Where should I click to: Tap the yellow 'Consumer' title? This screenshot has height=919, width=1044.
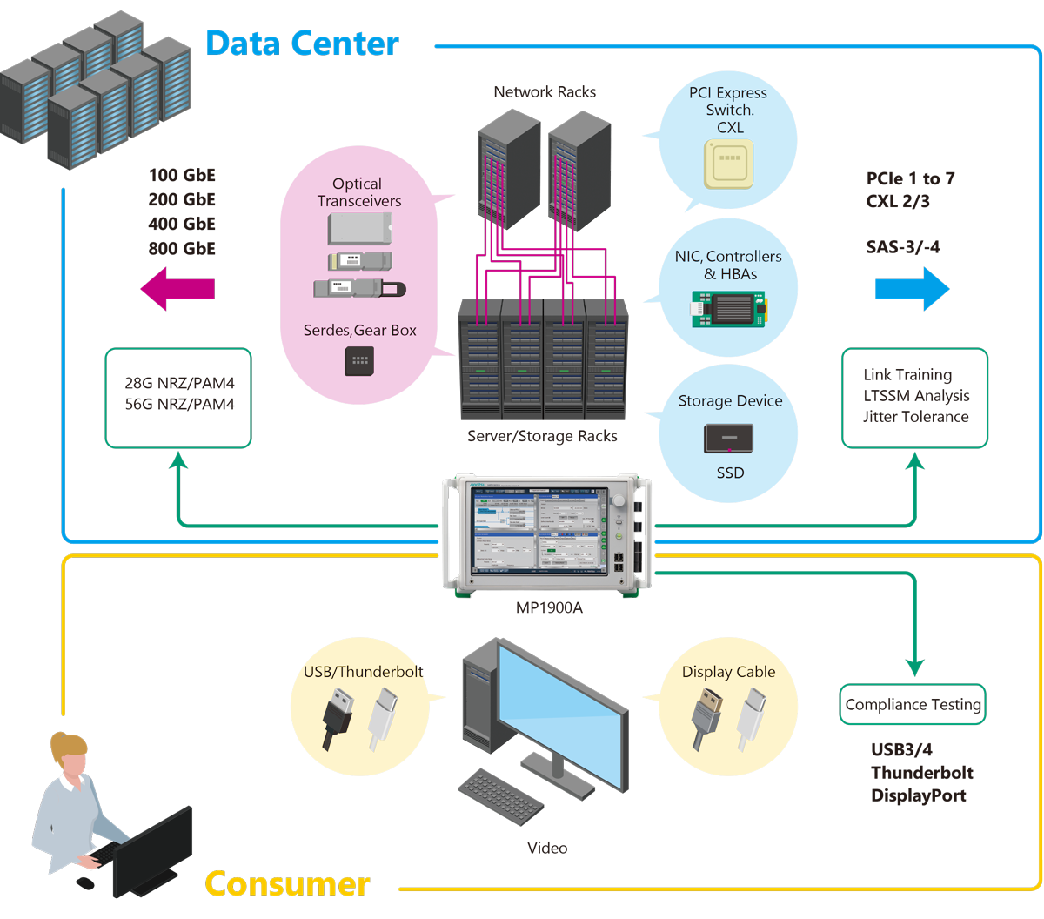(x=287, y=883)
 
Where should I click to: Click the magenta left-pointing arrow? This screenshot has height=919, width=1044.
(x=177, y=288)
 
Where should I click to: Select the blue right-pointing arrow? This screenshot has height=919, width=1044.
(x=912, y=289)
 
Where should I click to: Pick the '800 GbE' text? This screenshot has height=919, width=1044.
(x=182, y=248)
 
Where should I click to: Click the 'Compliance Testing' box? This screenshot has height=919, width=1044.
(x=913, y=704)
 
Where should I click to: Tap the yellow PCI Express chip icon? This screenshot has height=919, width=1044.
(x=728, y=164)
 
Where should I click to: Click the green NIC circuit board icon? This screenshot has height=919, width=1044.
(x=729, y=309)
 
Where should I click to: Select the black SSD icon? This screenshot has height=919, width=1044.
(x=729, y=438)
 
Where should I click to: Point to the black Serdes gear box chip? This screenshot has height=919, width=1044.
(x=359, y=361)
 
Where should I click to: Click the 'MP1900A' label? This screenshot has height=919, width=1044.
(x=549, y=607)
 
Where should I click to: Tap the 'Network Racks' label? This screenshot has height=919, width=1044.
(x=545, y=91)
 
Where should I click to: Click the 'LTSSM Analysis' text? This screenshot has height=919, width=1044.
(x=916, y=395)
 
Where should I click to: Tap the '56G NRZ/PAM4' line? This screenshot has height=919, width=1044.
(x=179, y=404)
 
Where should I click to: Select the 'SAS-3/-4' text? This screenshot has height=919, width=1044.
(x=903, y=247)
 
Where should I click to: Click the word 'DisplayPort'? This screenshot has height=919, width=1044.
(x=918, y=795)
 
